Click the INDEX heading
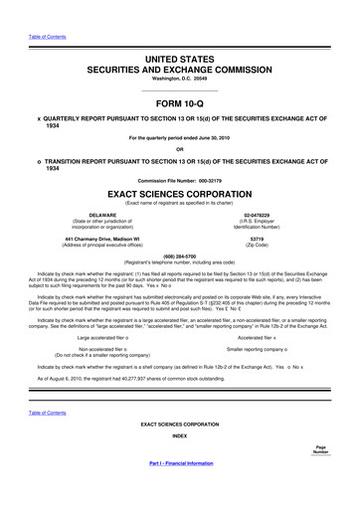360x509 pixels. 180,463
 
